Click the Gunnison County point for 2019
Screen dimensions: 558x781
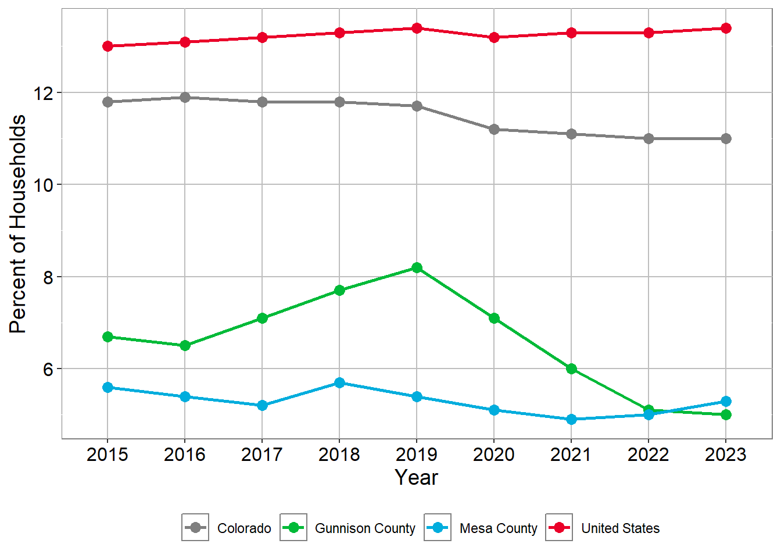click(x=417, y=267)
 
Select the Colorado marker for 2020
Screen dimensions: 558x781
click(x=494, y=129)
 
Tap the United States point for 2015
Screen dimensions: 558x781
click(x=108, y=46)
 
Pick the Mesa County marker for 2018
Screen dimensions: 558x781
click(x=339, y=382)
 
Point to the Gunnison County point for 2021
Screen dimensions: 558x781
click(x=571, y=369)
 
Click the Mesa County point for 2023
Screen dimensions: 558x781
click(x=726, y=401)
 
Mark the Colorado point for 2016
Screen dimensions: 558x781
click(x=185, y=97)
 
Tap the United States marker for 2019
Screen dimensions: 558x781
click(x=417, y=28)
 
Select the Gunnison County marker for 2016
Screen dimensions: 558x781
click(x=185, y=345)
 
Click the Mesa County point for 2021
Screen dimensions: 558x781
click(x=571, y=419)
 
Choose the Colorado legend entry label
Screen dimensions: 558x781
click(x=244, y=528)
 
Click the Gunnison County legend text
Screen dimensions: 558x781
click(x=365, y=528)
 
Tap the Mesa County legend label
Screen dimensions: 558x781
click(x=498, y=528)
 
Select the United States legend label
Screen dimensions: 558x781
click(x=620, y=528)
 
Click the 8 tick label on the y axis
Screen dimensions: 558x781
click(x=48, y=277)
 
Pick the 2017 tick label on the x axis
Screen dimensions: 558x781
click(x=262, y=455)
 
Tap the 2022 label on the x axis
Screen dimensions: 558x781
click(x=649, y=455)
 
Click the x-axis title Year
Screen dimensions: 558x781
click(x=417, y=477)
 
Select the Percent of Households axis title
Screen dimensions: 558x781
click(x=18, y=224)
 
